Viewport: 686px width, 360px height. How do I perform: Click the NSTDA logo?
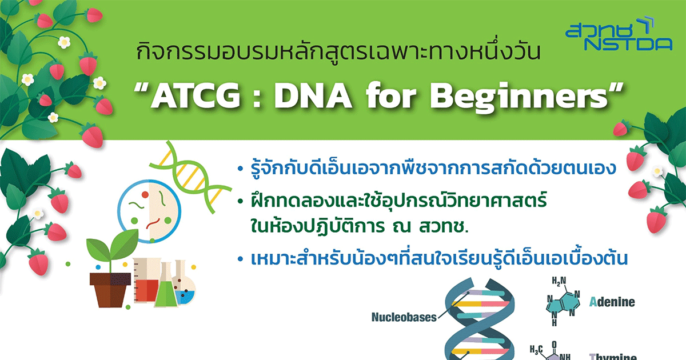click(x=619, y=34)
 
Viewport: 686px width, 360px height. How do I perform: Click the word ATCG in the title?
click(x=196, y=96)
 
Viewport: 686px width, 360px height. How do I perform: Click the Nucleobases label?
click(x=404, y=317)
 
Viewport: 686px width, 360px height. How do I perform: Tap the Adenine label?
click(x=612, y=302)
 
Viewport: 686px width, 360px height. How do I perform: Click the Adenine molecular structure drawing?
click(x=563, y=302)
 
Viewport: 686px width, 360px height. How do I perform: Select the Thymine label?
click(x=613, y=357)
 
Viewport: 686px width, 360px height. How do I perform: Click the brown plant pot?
click(x=110, y=290)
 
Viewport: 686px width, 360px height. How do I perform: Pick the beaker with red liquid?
click(x=147, y=281)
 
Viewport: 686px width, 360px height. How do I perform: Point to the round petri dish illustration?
click(x=149, y=211)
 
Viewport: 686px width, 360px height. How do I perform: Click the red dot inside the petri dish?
click(x=145, y=195)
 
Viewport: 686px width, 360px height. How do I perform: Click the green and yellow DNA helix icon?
click(x=190, y=178)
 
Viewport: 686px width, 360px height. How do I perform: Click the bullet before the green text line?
click(x=241, y=201)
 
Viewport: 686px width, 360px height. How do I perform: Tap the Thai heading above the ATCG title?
click(x=338, y=51)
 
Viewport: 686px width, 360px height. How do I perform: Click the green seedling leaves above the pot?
click(x=113, y=245)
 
